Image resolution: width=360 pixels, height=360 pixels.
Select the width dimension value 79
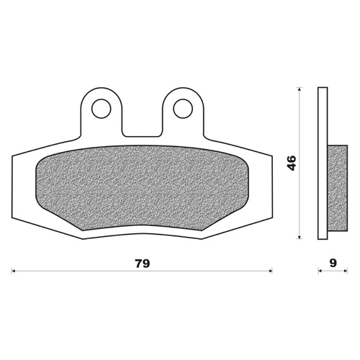(x=143, y=263)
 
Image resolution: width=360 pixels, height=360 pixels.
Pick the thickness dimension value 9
(x=332, y=263)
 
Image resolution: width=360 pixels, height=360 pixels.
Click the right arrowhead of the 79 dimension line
(x=270, y=271)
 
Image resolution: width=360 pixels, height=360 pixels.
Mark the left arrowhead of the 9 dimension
(x=320, y=271)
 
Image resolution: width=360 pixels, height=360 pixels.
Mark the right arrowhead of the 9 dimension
(x=343, y=271)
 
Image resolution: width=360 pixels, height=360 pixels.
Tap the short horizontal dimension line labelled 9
(x=331, y=271)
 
